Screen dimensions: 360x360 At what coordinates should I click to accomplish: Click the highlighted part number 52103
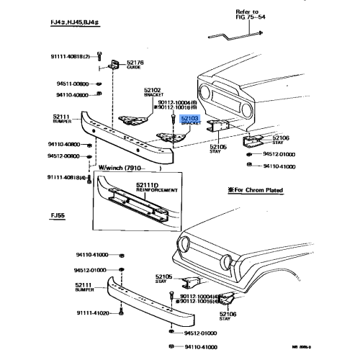click(189, 117)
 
